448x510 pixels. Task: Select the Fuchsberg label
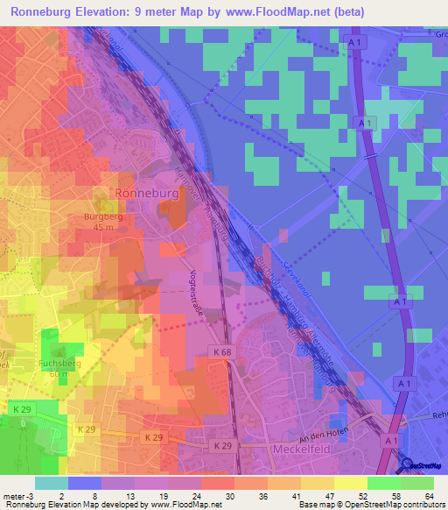59,362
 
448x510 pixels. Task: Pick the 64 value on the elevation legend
430,495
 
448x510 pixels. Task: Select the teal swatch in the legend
52,483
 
